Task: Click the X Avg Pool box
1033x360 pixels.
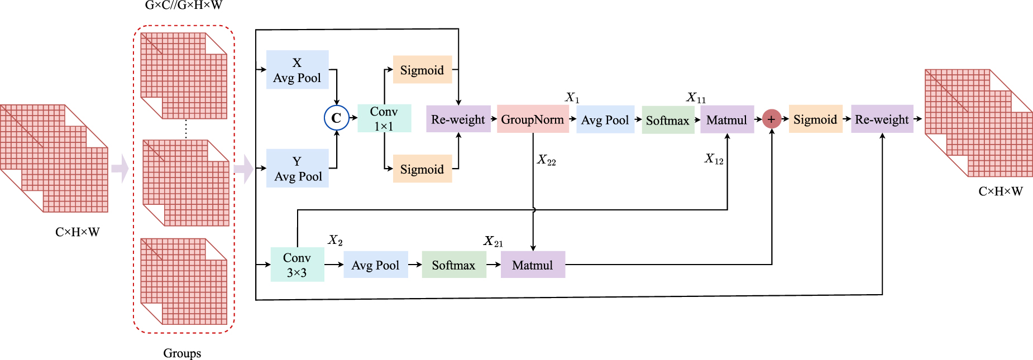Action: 297,70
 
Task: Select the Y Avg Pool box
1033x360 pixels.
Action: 297,169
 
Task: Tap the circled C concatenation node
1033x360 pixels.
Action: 336,118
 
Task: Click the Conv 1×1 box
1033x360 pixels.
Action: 384,118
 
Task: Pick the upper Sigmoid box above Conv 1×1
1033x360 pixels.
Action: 422,70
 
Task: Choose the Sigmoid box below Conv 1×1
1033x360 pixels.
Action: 422,169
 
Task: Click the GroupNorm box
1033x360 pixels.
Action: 533,119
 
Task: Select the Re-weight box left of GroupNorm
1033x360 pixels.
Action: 458,119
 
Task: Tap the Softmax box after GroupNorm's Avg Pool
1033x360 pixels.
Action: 668,120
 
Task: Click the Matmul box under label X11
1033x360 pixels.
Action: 727,119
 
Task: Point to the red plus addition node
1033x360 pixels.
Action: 771,119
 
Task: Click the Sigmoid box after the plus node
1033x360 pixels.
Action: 815,119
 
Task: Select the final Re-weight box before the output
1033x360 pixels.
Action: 882,119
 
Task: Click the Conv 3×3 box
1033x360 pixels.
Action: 297,265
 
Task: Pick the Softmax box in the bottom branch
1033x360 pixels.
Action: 453,265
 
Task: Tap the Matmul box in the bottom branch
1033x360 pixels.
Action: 533,265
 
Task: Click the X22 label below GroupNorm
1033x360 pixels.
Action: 547,161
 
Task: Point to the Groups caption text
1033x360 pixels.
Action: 182,353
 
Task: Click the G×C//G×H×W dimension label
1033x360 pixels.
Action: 184,6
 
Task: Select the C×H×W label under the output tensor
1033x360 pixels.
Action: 1001,191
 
